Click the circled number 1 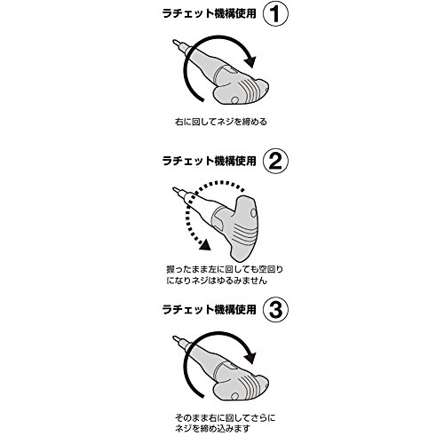click(x=275, y=14)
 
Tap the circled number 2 click(x=275, y=162)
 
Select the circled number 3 click(x=275, y=310)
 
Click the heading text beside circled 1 click(x=209, y=14)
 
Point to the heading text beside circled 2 click(x=209, y=162)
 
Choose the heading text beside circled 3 click(x=209, y=310)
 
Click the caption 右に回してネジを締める click(x=221, y=122)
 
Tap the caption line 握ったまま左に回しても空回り click(x=225, y=270)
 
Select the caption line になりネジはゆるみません click(x=217, y=281)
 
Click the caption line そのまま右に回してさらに click(x=225, y=418)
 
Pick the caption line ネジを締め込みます click(x=212, y=429)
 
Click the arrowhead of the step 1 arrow click(x=250, y=61)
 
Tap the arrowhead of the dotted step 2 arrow click(x=205, y=245)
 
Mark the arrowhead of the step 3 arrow click(x=250, y=358)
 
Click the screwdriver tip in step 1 click(x=175, y=42)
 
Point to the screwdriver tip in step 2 click(x=175, y=189)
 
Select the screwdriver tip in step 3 click(x=175, y=337)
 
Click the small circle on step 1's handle click(x=234, y=100)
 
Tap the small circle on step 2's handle click(x=253, y=212)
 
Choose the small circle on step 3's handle click(x=234, y=396)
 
